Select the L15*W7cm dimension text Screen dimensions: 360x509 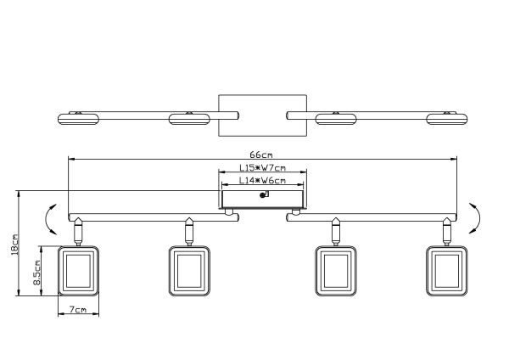tap(263, 167)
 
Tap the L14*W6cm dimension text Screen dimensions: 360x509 tap(263, 179)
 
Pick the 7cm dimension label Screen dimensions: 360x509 tap(79, 311)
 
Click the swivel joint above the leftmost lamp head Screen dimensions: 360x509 tap(79, 229)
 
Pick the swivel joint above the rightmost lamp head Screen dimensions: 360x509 tap(446, 229)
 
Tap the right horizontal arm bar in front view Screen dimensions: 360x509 tap(373, 217)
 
